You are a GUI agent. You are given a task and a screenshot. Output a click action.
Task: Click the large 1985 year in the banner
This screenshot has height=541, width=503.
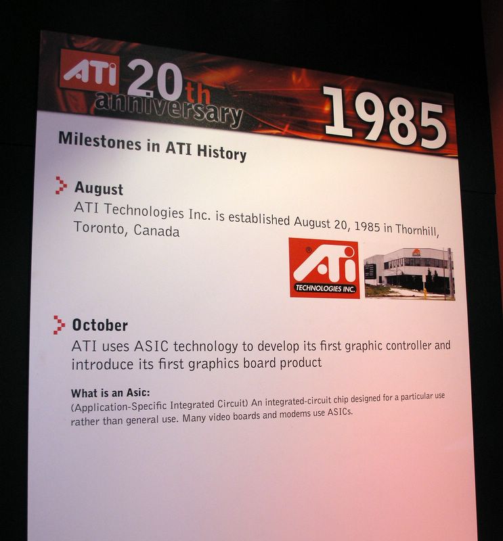pyautogui.click(x=385, y=117)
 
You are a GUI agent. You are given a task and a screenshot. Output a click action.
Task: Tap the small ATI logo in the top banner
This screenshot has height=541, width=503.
pyautogui.click(x=90, y=73)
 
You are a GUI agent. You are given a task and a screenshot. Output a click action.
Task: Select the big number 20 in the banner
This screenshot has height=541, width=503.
pyautogui.click(x=156, y=80)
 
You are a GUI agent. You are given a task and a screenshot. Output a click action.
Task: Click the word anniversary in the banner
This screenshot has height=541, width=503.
pyautogui.click(x=169, y=110)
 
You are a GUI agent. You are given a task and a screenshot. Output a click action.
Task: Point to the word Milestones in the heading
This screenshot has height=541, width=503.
pyautogui.click(x=100, y=141)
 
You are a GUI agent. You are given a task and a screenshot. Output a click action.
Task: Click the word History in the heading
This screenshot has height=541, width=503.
pyautogui.click(x=221, y=152)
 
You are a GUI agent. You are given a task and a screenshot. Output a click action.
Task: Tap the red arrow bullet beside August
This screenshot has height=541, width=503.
pyautogui.click(x=61, y=185)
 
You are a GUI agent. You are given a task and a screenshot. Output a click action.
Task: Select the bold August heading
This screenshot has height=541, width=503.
pyautogui.click(x=99, y=189)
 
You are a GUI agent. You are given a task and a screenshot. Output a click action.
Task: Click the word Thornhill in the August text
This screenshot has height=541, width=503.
pyautogui.click(x=417, y=229)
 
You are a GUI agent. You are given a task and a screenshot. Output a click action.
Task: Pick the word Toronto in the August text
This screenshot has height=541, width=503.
pyautogui.click(x=99, y=228)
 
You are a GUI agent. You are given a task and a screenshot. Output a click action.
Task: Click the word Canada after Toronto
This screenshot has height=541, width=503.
pyautogui.click(x=156, y=231)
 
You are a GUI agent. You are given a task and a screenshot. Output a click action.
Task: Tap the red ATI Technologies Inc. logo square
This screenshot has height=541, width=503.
pyautogui.click(x=324, y=268)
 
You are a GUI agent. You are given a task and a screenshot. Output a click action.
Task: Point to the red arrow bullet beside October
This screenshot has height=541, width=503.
pyautogui.click(x=59, y=325)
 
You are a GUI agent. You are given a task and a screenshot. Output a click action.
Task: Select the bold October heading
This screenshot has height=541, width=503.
pyautogui.click(x=100, y=325)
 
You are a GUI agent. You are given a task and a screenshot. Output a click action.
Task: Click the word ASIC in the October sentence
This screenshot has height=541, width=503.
pyautogui.click(x=151, y=346)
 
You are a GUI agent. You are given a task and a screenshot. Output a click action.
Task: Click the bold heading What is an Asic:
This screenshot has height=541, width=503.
pyautogui.click(x=110, y=393)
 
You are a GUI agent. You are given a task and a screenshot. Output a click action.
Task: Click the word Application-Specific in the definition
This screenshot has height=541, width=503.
pyautogui.click(x=121, y=406)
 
